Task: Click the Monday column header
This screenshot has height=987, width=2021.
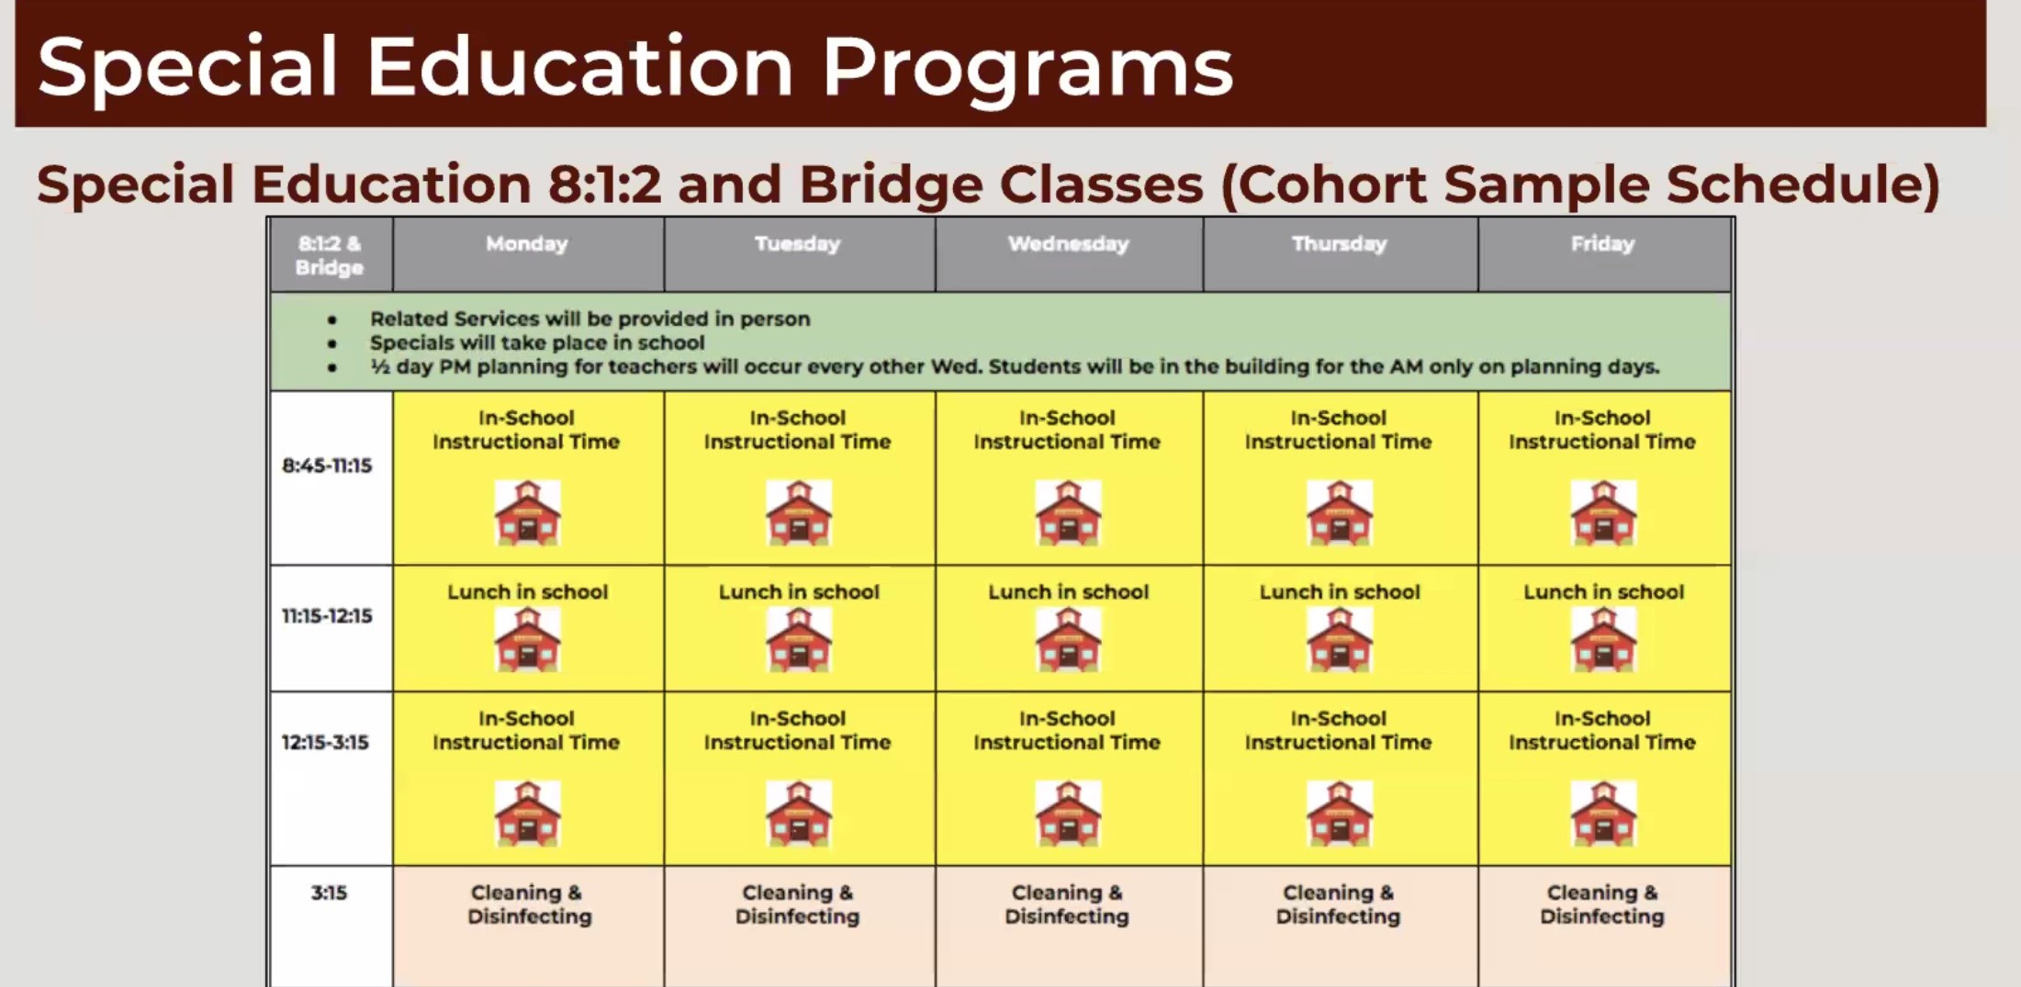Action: [527, 244]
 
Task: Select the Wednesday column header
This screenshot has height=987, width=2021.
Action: [1068, 244]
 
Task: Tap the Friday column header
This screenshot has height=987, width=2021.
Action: [1602, 244]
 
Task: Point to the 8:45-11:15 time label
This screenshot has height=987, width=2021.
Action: [327, 465]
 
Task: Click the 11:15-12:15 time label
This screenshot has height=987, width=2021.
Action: [327, 615]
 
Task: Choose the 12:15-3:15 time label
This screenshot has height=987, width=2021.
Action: [325, 742]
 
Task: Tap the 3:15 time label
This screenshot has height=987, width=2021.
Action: [329, 892]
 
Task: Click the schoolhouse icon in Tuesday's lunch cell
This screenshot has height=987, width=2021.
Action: [799, 639]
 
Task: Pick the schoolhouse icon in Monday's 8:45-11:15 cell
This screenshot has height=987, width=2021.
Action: [527, 512]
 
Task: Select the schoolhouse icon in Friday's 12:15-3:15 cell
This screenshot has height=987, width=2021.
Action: [1603, 813]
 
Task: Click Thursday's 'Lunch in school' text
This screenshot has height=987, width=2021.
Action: [1340, 592]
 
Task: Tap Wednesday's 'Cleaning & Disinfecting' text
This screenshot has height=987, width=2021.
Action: [1067, 904]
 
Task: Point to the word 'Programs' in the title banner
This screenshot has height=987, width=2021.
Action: [1027, 67]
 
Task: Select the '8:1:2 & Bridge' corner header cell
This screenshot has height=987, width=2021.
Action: [330, 255]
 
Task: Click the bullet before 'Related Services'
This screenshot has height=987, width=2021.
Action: [332, 320]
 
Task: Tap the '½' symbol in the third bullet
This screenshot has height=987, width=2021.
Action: [380, 366]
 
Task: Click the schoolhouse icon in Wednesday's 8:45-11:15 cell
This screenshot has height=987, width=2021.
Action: [1068, 512]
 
